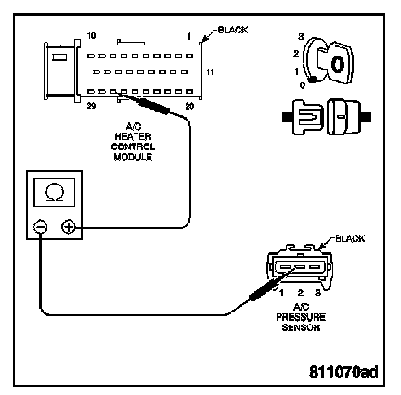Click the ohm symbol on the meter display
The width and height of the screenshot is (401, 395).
pos(55,193)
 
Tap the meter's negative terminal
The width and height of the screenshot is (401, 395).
pos(41,227)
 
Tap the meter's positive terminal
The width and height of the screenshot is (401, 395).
pos(69,227)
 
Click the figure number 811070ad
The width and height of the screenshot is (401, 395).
pos(343,372)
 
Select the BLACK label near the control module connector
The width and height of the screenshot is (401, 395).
pos(233,30)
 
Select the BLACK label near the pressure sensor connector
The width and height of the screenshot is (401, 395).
pos(350,238)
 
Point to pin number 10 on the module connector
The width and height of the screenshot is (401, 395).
pos(91,35)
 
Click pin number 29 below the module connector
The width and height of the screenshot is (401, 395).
pos(91,107)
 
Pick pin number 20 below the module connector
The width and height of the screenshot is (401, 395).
pos(189,107)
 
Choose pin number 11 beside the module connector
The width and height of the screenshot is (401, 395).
pos(210,72)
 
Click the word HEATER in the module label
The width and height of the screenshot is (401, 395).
pos(133,136)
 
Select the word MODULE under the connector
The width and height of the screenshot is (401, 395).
pos(133,157)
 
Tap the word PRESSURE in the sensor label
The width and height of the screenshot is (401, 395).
pos(301,317)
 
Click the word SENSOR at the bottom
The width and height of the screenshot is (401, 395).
pos(301,327)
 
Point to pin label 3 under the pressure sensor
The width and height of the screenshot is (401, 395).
pos(317,292)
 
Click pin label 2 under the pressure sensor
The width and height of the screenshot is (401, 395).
pos(300,292)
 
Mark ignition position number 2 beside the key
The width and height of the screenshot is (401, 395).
pos(296,54)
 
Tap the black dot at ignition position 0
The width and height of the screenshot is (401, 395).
pos(313,80)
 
